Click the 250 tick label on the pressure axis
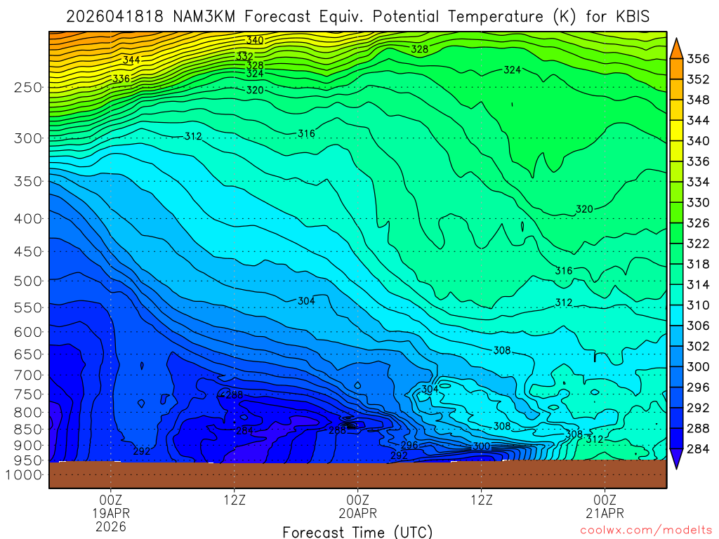tap(27, 87)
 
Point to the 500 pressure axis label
tap(27, 281)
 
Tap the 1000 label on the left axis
tap(25, 475)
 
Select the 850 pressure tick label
tap(27, 429)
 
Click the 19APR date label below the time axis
tap(111, 513)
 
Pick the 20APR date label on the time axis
tap(358, 513)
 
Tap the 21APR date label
tap(605, 513)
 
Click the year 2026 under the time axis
tap(111, 526)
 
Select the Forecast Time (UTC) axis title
tap(357, 532)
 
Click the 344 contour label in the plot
tap(131, 60)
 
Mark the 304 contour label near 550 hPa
tap(306, 301)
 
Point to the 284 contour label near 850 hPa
tap(245, 430)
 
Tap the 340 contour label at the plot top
tap(254, 41)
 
